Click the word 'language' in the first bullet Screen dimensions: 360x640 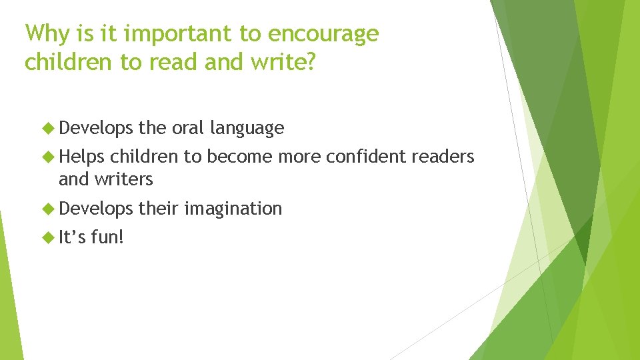click(247, 128)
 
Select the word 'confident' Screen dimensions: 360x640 click(367, 157)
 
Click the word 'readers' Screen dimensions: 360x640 click(443, 157)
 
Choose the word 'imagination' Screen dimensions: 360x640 click(233, 209)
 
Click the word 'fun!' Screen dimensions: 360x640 click(107, 237)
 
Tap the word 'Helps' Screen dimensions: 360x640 click(81, 157)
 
